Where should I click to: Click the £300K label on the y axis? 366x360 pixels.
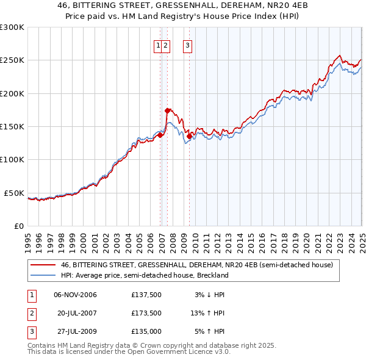pos(12,27)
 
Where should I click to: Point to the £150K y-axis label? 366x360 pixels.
pos(12,126)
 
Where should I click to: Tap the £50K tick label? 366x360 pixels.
pos(14,193)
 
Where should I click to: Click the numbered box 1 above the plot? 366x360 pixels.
pos(158,45)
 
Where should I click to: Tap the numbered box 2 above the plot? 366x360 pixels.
pos(166,45)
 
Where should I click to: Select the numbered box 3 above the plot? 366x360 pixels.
pos(187,45)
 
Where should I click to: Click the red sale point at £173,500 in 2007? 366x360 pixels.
pos(167,111)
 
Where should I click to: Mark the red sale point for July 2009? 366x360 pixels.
pos(189,137)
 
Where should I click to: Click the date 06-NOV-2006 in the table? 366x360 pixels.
pos(75,295)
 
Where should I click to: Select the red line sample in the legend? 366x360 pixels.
pos(43,265)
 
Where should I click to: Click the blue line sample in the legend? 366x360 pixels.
pos(43,275)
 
